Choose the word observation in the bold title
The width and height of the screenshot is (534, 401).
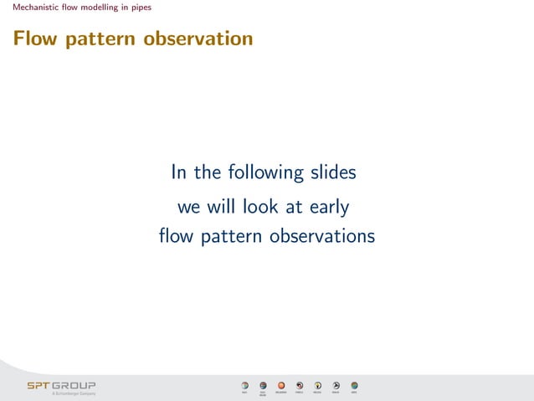pos(198,39)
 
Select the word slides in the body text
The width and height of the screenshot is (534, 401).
pos(332,172)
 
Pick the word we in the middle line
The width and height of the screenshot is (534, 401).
pos(188,205)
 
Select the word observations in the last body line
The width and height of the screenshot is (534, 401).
pos(322,237)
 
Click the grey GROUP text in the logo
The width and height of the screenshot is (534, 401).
pos(74,385)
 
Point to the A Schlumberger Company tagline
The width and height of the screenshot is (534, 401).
pos(74,393)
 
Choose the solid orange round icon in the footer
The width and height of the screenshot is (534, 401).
pos(281,385)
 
